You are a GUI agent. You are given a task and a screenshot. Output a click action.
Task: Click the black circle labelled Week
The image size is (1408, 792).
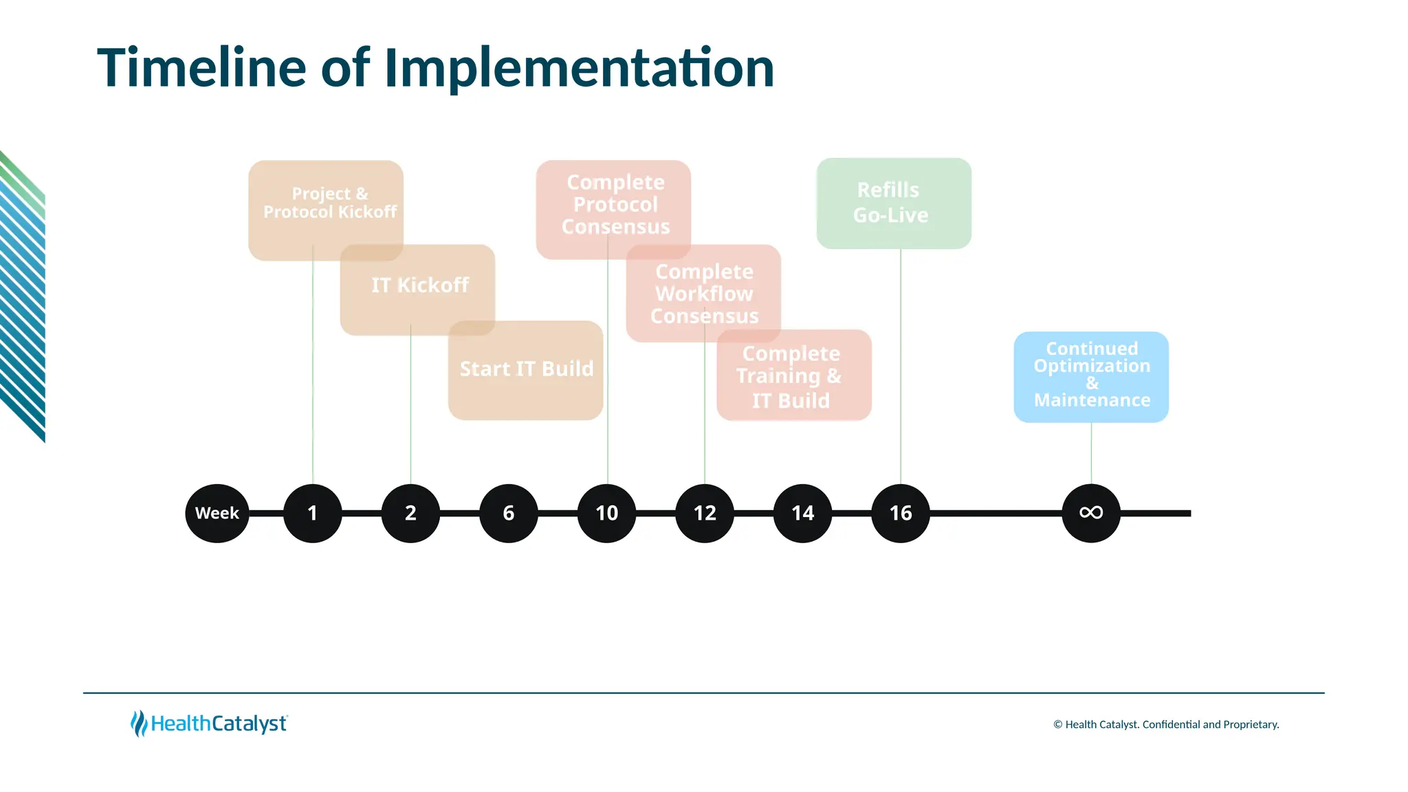click(217, 514)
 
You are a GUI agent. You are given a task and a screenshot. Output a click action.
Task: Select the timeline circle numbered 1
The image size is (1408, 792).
click(313, 514)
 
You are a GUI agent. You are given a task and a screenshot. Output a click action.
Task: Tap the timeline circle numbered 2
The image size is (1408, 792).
click(410, 514)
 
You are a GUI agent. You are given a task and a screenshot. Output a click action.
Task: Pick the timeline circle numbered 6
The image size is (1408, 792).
click(509, 514)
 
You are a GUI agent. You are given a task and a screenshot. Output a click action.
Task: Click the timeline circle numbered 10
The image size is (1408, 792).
click(607, 514)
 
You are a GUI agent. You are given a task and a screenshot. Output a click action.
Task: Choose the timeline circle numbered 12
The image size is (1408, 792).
click(705, 514)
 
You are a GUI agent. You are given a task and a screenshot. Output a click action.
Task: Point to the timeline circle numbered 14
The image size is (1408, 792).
click(802, 514)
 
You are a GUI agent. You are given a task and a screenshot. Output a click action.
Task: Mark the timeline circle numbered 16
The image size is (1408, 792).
click(901, 514)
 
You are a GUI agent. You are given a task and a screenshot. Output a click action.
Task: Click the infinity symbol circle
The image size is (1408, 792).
click(1091, 514)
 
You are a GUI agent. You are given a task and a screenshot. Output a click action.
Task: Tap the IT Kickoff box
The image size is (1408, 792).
click(419, 285)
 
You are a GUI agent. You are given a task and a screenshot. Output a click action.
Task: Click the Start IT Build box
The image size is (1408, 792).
click(526, 370)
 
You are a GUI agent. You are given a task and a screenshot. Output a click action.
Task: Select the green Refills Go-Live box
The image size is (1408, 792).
click(894, 203)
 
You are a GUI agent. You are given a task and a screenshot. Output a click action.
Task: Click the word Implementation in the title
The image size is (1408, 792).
click(579, 68)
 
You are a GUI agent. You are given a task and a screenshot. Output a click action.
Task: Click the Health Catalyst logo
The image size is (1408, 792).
click(209, 723)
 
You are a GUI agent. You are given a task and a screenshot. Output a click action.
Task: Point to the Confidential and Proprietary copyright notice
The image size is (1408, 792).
click(1166, 725)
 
